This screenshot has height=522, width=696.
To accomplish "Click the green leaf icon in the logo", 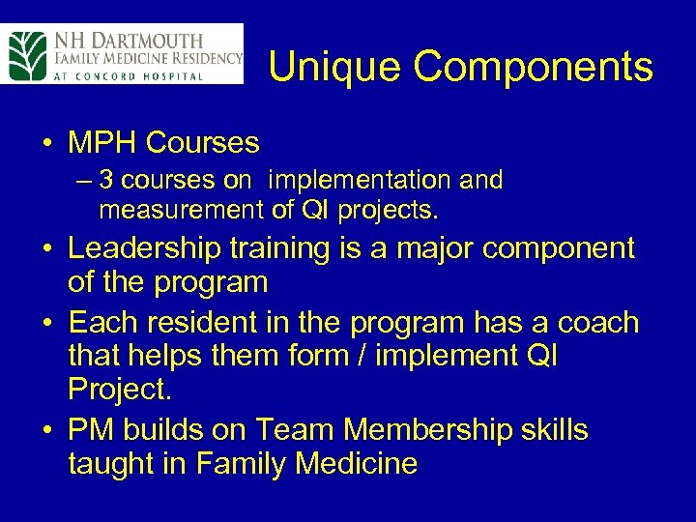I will point(26,55).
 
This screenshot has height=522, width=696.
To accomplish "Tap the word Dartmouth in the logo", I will point(146,41).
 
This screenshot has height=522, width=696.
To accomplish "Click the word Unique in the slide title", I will point(325,68).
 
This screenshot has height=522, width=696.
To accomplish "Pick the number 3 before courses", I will point(106,181).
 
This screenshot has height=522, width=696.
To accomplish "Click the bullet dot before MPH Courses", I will point(46,144).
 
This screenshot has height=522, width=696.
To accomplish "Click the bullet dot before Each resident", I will point(46,323).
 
